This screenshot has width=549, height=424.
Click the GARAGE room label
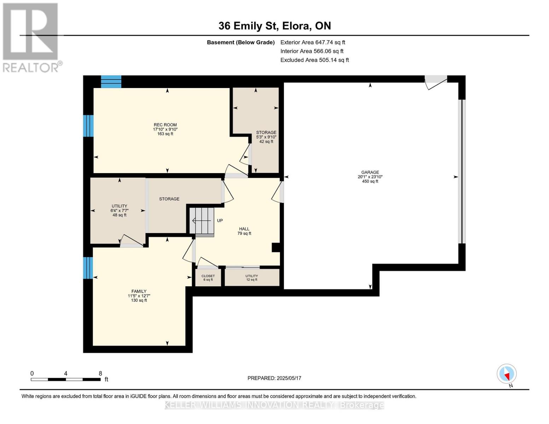370,172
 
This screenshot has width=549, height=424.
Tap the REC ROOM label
165,125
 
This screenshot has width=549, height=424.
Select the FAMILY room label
139,291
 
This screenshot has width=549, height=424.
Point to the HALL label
244,229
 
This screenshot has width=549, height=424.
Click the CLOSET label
208,276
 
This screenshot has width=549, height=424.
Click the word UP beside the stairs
220,220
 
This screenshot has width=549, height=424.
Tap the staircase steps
202,221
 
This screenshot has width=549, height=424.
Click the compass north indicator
507,374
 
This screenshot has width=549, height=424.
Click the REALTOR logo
31,38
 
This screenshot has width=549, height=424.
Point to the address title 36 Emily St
275,26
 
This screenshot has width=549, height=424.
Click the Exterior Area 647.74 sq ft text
313,42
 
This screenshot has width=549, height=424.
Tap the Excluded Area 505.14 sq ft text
315,60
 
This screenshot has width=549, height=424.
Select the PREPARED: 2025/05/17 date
274,378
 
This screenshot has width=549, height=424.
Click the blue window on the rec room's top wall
111,82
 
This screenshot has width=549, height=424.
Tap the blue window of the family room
88,268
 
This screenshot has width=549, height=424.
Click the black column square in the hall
276,247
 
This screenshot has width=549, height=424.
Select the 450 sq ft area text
370,181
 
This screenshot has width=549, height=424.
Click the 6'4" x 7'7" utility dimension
119,211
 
